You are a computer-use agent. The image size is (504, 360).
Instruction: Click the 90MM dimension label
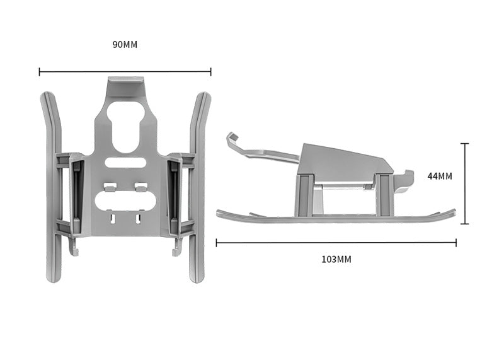125,45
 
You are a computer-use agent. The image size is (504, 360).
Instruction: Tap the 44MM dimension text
440,176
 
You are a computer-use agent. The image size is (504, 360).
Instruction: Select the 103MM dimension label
336,259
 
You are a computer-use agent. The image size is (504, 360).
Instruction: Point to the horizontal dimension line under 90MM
125,72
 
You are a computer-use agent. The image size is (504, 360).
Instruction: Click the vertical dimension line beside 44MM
465,183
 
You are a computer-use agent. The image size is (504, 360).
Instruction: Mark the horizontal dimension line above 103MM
336,242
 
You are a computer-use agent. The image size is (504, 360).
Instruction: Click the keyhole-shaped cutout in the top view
125,124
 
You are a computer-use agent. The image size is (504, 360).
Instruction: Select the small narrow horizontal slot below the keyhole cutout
125,163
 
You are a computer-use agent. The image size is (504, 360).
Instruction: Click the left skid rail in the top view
52,189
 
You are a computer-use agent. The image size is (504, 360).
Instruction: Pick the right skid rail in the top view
198,189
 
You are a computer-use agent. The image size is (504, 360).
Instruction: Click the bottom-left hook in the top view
74,250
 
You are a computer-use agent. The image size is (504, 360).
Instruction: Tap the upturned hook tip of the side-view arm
232,137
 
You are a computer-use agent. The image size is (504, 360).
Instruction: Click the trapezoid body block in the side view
343,161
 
